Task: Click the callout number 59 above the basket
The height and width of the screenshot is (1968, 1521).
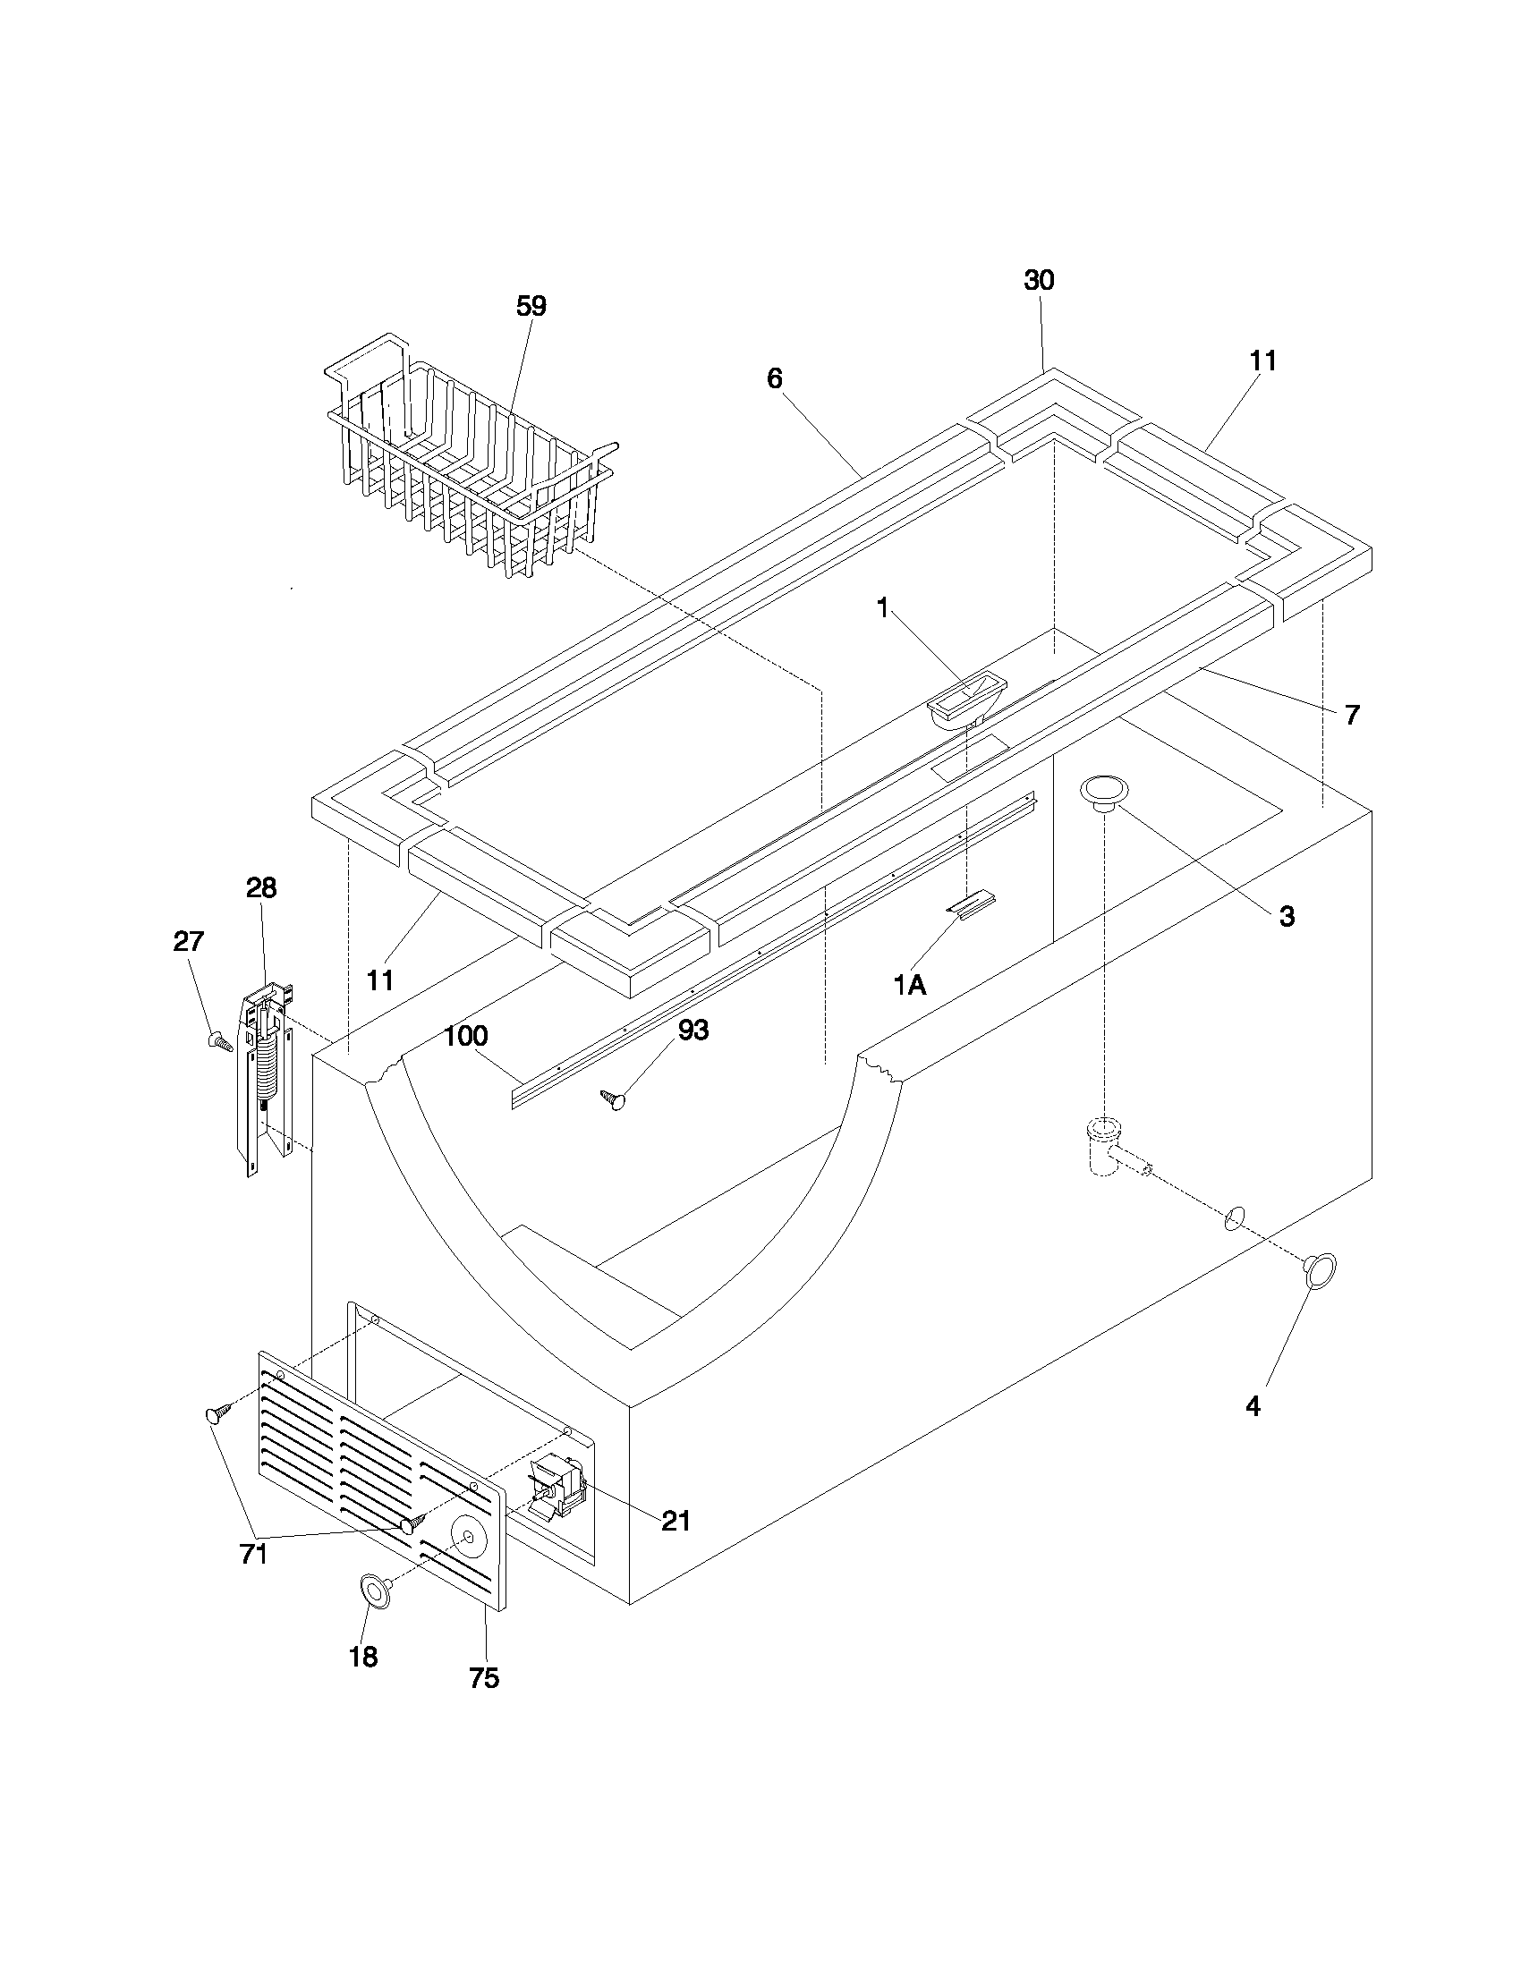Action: point(531,306)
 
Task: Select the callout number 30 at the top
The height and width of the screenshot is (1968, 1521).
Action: point(1039,280)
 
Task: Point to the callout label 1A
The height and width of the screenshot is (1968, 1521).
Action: point(910,986)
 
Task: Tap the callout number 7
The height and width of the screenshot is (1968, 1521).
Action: point(1352,716)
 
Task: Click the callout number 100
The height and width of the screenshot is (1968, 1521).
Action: point(466,1035)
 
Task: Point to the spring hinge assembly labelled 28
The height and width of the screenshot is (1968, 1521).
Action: point(264,1073)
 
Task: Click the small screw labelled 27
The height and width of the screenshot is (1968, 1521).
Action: point(219,1041)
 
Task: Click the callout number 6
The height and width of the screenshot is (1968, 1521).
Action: point(775,378)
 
